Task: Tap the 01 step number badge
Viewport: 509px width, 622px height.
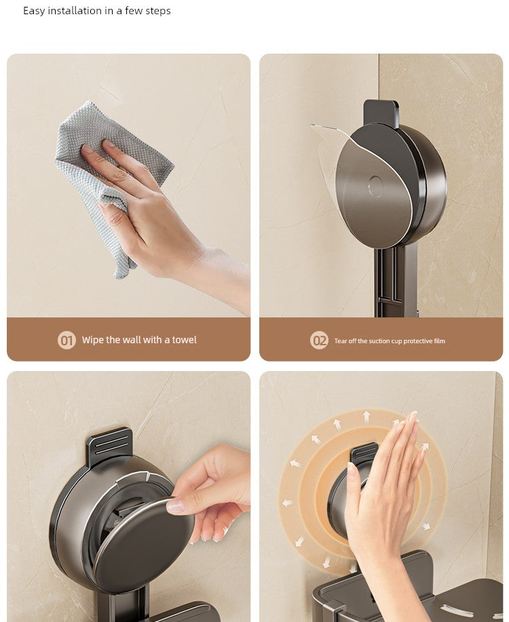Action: coord(67,340)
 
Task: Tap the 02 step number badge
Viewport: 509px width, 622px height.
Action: coord(319,341)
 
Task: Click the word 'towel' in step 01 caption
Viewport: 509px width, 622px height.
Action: coord(182,340)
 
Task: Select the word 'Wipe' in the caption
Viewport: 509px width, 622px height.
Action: coord(92,340)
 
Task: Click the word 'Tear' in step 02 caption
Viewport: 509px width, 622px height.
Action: coord(340,341)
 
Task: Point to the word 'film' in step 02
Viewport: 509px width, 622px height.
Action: coord(439,341)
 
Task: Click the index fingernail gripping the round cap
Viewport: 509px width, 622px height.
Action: coord(176,505)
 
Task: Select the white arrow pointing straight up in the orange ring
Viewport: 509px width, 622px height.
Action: coord(367,415)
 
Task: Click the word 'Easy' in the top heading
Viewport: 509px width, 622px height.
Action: coord(34,11)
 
